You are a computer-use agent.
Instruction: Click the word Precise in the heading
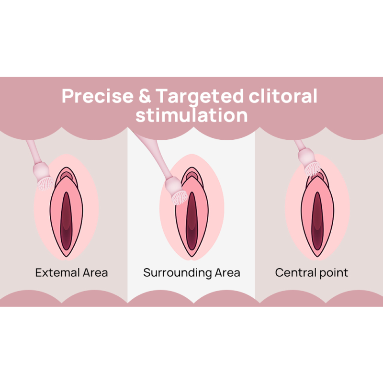coord(98,96)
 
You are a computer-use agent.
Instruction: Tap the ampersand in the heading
coord(145,96)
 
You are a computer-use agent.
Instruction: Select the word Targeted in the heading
coord(200,97)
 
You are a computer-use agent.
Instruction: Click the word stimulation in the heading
coord(191,115)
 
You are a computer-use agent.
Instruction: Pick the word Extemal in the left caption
coord(57,272)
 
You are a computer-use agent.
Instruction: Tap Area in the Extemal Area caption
coord(95,272)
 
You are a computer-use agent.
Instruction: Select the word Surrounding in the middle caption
coord(177,273)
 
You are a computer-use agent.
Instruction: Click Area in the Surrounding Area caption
coord(227,272)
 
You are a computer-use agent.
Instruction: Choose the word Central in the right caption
coord(295,272)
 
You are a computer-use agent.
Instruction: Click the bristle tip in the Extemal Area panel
coord(45,184)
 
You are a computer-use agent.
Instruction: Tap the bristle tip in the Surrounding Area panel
coord(180,197)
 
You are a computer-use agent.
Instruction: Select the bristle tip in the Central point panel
coord(313,169)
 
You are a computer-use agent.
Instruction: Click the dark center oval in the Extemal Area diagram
coord(66,221)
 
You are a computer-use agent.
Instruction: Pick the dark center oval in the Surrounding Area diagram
coord(192,221)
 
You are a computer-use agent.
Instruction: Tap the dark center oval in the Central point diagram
coord(317,221)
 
